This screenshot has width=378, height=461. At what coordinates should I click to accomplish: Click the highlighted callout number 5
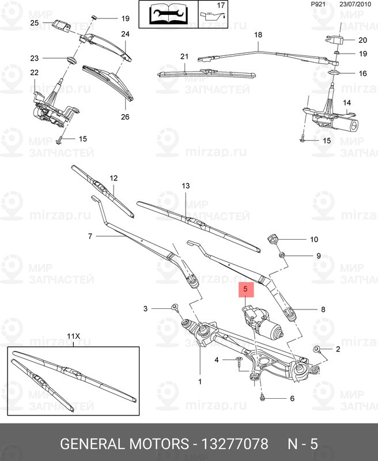(245, 288)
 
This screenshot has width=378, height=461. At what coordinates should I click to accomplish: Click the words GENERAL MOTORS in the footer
(125, 444)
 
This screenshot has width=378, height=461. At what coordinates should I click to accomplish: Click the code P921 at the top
(318, 5)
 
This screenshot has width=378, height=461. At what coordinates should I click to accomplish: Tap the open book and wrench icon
(168, 13)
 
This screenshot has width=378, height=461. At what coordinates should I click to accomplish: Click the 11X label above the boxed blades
(73, 336)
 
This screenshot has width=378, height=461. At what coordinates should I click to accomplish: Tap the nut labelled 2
(316, 350)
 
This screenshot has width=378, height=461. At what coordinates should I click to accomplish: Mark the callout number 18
(258, 35)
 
